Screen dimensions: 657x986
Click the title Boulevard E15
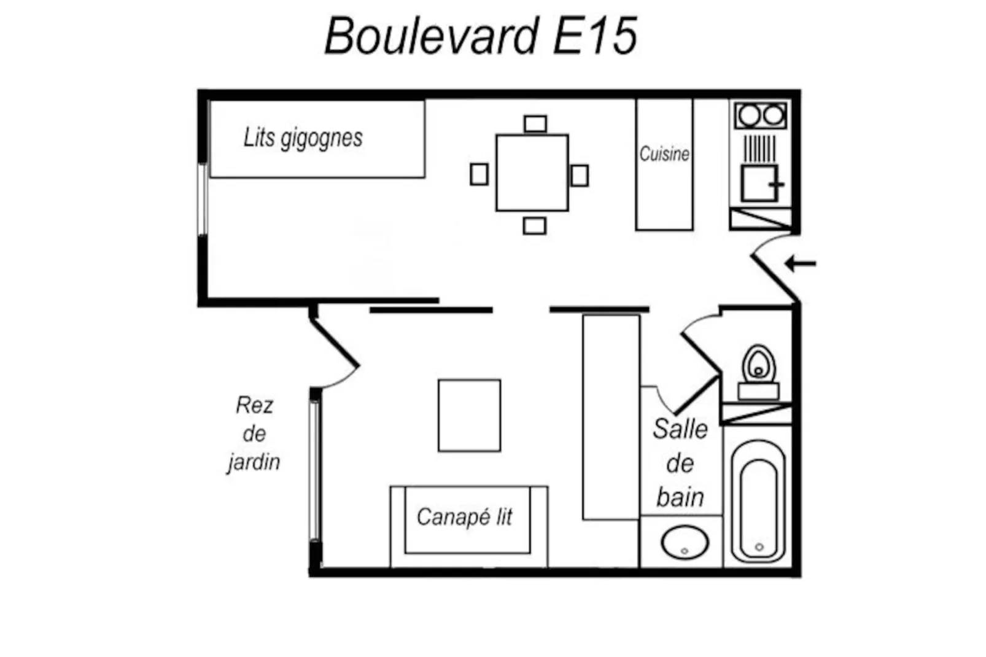(x=481, y=36)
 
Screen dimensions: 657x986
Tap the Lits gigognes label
(x=303, y=138)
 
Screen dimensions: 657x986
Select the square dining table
(x=532, y=173)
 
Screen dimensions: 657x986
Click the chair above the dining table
(x=535, y=124)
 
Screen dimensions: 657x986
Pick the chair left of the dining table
(x=479, y=174)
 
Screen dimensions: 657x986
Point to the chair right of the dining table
(x=580, y=176)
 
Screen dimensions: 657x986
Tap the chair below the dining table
(x=535, y=226)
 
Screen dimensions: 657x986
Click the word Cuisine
(x=664, y=154)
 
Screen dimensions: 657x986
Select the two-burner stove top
(x=761, y=115)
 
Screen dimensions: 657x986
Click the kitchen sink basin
(x=759, y=183)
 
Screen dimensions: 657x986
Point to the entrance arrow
(x=801, y=264)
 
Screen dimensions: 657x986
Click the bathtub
(x=759, y=502)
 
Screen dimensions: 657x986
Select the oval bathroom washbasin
(x=685, y=543)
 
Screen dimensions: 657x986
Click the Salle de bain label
(x=680, y=463)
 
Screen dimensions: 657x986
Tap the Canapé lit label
(x=464, y=517)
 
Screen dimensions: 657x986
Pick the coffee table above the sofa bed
(x=469, y=416)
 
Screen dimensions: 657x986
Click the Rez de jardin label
(x=254, y=433)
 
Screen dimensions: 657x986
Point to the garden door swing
(x=335, y=356)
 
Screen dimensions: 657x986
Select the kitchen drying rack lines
(x=759, y=149)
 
